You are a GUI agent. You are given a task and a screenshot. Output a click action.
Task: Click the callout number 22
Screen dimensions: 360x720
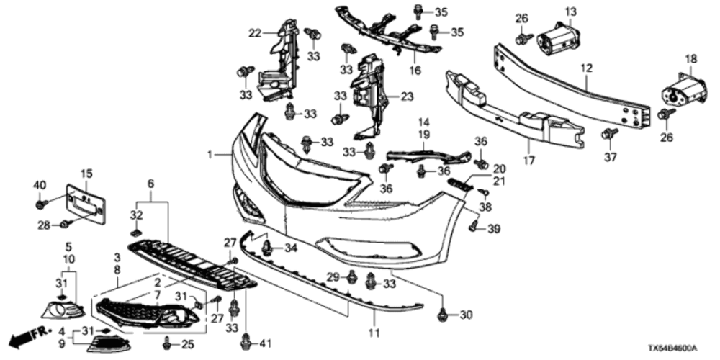254,32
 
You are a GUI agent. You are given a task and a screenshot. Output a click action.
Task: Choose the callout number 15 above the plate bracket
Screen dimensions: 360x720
86,173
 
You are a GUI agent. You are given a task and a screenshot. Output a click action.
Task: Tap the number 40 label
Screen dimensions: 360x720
38,187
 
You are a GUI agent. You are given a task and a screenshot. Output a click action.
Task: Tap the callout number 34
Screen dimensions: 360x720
290,248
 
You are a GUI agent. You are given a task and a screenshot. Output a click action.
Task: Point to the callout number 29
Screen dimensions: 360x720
332,277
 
